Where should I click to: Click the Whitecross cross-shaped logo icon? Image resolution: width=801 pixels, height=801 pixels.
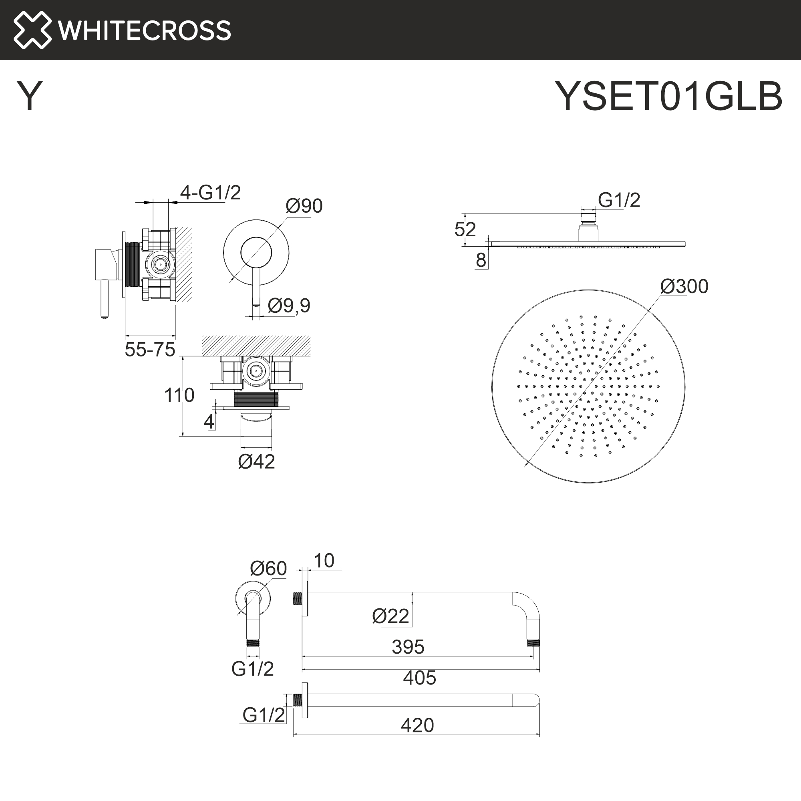coord(32,30)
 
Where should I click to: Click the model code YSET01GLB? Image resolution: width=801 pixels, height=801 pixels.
coord(668,96)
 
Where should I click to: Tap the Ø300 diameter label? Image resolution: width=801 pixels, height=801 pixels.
coord(684,286)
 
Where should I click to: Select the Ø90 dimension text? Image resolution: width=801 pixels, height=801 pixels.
coord(304,205)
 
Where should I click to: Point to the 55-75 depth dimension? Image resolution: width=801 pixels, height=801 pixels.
coord(150,350)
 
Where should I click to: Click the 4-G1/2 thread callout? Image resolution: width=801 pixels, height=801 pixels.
coord(210,192)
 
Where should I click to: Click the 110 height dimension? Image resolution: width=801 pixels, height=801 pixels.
coord(179,395)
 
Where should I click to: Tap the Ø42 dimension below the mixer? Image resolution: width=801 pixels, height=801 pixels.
coord(256,461)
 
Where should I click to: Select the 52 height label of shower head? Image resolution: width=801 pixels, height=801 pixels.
coord(465,229)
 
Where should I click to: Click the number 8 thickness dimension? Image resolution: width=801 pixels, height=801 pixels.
coord(481,260)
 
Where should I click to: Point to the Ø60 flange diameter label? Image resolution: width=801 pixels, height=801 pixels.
coord(268,568)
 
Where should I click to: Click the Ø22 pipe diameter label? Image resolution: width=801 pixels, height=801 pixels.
coord(390,616)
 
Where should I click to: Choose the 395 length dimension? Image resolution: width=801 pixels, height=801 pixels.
coord(408,647)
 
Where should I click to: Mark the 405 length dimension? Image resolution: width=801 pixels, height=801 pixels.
coord(419,678)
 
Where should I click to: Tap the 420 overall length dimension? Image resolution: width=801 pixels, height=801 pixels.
coord(417,726)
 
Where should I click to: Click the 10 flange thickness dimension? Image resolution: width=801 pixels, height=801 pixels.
coord(324,561)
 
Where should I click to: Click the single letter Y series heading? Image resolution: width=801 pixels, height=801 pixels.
coord(29,96)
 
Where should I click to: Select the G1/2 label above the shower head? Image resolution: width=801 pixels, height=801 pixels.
coord(619,200)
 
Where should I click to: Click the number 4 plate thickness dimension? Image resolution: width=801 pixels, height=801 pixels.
coord(209,422)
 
